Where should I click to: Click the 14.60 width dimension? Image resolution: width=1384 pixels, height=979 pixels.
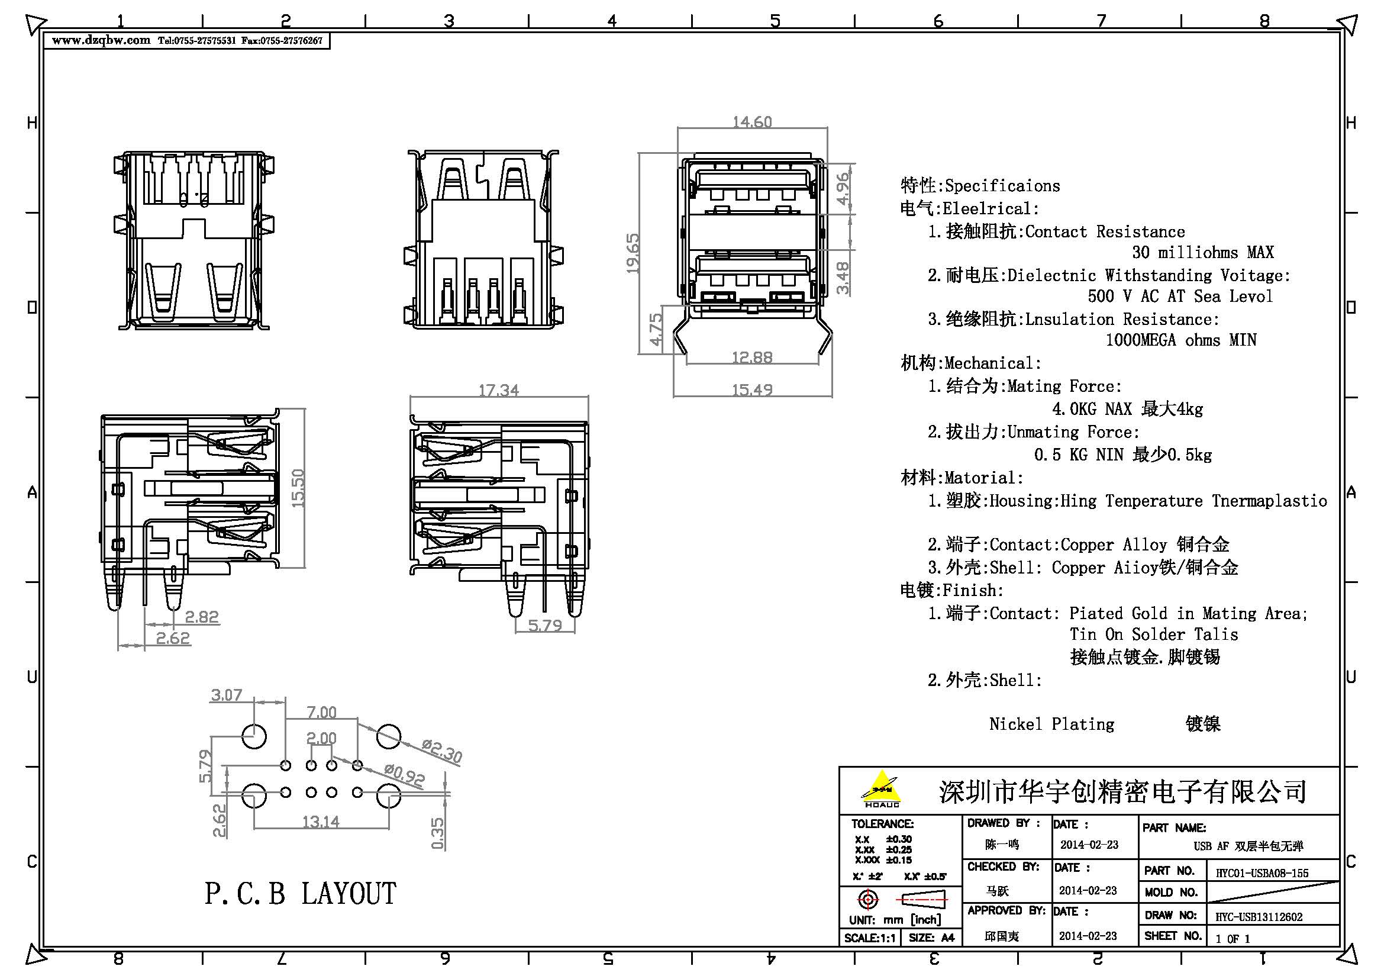pyautogui.click(x=751, y=122)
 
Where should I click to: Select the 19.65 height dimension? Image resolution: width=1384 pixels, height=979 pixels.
pyautogui.click(x=633, y=253)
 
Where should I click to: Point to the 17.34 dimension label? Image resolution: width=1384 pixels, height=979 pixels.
pyautogui.click(x=498, y=390)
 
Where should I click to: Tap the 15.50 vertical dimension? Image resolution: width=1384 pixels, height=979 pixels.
pyautogui.click(x=298, y=488)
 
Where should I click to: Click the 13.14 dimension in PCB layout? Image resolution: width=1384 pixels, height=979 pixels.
pyautogui.click(x=321, y=821)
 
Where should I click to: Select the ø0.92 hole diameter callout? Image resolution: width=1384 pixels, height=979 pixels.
pyautogui.click(x=405, y=775)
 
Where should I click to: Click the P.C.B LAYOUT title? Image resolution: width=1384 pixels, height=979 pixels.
pyautogui.click(x=300, y=893)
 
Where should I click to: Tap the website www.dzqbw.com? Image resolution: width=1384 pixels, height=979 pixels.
pyautogui.click(x=101, y=40)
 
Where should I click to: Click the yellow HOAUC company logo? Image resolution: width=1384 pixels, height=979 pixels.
pyautogui.click(x=881, y=788)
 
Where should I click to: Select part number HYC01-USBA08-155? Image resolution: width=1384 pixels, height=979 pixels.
pyautogui.click(x=1262, y=873)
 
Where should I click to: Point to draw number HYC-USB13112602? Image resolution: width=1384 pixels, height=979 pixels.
pyautogui.click(x=1259, y=917)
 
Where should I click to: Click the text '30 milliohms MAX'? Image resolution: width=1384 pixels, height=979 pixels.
pyautogui.click(x=1202, y=252)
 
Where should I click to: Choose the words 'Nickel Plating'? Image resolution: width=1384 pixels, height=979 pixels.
pyautogui.click(x=1051, y=723)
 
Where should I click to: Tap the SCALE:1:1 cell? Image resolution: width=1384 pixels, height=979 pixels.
pyautogui.click(x=870, y=938)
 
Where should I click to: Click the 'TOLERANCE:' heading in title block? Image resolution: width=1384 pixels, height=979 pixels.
pyautogui.click(x=882, y=823)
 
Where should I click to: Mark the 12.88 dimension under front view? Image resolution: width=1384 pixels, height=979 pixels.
pyautogui.click(x=751, y=357)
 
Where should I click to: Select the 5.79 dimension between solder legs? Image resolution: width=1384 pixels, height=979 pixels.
pyautogui.click(x=545, y=625)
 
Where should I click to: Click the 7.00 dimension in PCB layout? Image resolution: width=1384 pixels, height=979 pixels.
pyautogui.click(x=321, y=712)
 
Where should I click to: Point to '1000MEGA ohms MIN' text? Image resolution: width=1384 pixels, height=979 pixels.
pyautogui.click(x=1180, y=340)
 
